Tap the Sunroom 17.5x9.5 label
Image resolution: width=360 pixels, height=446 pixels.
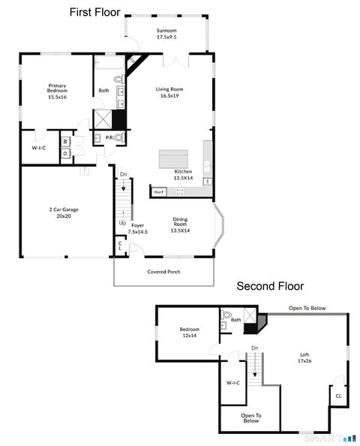pos(166,34)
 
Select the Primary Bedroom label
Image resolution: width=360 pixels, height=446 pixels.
pos(57,91)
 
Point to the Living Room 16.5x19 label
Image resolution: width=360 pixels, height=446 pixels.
pos(169,92)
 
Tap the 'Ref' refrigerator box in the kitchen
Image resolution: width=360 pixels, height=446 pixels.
pos(158,192)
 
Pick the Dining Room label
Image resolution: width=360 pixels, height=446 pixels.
pos(180,227)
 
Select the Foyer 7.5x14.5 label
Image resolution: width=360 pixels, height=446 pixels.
pos(137,228)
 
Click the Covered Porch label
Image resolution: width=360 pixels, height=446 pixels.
pos(163,272)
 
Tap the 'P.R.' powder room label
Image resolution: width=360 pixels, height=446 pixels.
pos(109,138)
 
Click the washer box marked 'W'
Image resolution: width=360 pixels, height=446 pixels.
pos(65,140)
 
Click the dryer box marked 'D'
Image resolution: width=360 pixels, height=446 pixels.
pos(64,152)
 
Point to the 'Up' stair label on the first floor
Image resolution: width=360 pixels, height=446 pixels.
pos(122,222)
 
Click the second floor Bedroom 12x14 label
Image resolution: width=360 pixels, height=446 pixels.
pos(189,333)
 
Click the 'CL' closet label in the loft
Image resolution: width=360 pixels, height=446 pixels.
pos(338,396)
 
